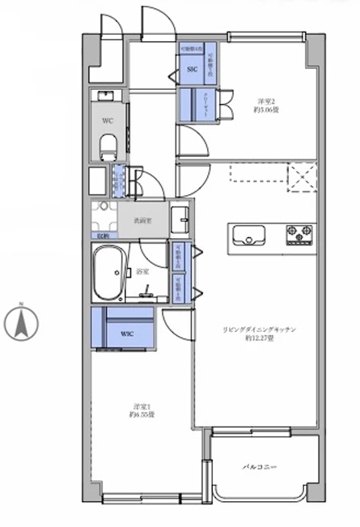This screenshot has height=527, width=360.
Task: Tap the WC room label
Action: tap(107, 121)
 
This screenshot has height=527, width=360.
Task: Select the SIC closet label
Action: tap(192, 70)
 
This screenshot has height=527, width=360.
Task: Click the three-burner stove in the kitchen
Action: tap(299, 234)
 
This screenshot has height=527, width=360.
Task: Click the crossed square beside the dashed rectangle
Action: tap(301, 173)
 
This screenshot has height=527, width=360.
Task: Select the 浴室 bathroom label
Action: tap(142, 271)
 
